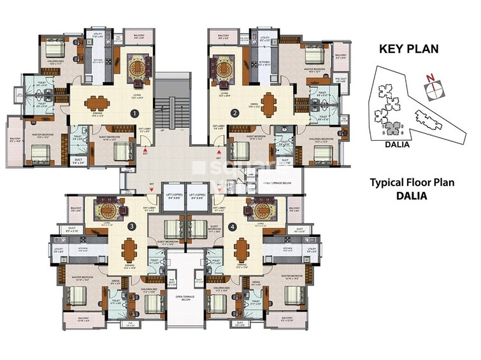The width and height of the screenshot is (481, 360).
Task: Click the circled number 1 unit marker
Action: tap(134, 114)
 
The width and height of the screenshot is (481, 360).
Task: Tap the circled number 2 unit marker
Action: tap(235, 114)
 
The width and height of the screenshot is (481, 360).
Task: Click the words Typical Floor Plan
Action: tap(412, 183)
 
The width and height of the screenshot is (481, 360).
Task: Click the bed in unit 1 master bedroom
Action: tap(39, 152)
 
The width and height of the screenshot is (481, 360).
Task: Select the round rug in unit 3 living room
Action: tap(104, 208)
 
